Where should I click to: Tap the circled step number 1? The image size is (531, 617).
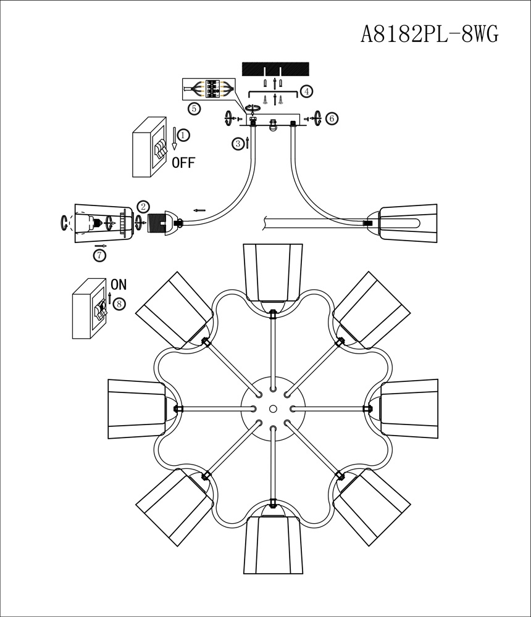184,135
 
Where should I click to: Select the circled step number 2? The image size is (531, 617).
143,207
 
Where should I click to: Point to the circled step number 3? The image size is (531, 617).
238,144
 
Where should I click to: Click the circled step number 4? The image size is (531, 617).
306,91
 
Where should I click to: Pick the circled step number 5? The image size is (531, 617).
194,109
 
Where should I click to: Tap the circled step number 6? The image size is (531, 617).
332,118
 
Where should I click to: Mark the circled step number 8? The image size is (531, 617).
119,304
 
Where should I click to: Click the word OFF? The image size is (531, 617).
183,164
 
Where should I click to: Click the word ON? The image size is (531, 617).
119,285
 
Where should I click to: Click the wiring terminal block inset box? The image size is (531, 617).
210,89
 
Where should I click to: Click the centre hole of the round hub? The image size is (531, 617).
273,408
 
